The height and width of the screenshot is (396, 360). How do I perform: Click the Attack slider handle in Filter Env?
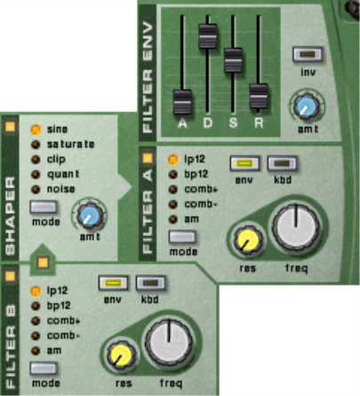click(182, 102)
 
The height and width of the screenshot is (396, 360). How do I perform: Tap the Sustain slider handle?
click(233, 60)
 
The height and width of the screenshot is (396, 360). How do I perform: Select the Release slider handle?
click(259, 96)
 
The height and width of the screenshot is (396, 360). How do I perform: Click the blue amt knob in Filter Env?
click(306, 107)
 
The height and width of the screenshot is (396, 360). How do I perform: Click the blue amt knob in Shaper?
click(90, 215)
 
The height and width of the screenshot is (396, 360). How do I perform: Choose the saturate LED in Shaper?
click(36, 145)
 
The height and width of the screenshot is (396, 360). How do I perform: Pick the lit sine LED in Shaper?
click(36, 130)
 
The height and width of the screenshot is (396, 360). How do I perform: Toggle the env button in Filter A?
click(244, 163)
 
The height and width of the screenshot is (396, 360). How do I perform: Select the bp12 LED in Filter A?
click(173, 174)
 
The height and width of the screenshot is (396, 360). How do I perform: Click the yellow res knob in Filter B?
click(122, 354)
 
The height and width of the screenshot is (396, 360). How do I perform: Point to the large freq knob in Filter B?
click(169, 343)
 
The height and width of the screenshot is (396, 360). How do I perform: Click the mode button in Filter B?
click(44, 368)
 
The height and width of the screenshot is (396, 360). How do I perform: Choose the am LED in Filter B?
click(36, 351)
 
